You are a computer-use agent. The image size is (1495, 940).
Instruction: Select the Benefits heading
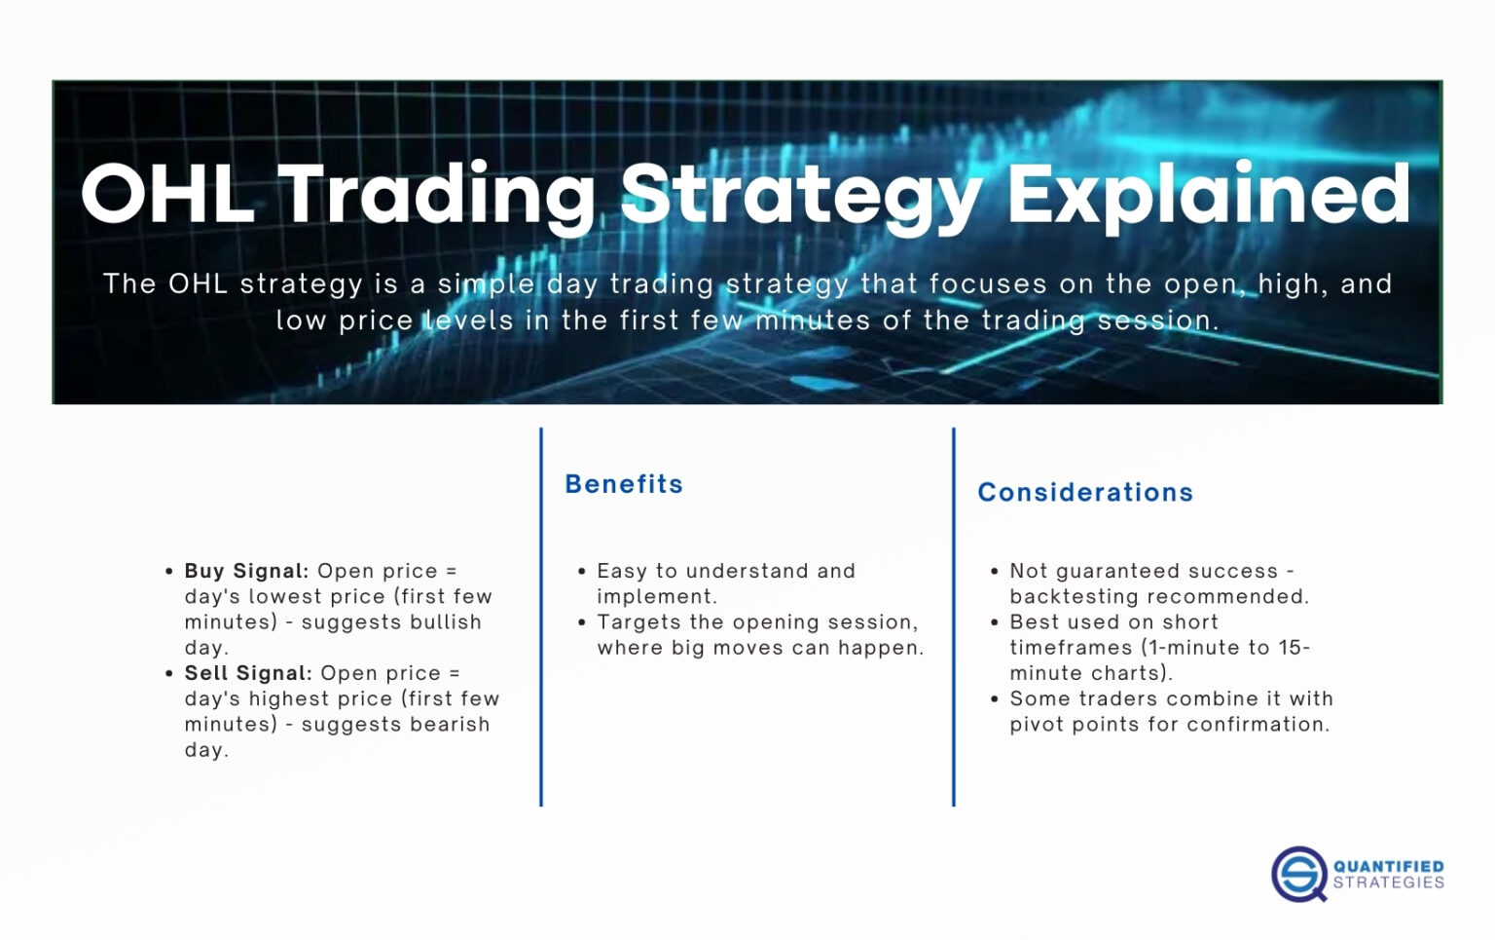[x=624, y=484]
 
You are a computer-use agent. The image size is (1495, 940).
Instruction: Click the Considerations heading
[x=1085, y=492]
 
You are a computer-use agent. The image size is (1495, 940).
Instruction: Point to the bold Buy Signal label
[x=246, y=571]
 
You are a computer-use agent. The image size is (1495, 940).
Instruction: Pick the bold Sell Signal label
[x=248, y=673]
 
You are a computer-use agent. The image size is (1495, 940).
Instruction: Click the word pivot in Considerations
[x=1038, y=725]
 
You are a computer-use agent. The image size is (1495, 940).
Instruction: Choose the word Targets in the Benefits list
[x=638, y=622]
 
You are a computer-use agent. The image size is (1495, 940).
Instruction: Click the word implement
[x=654, y=596]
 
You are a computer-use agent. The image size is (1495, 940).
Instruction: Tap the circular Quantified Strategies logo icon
[x=1298, y=874]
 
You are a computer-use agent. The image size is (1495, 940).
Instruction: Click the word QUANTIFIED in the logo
[x=1388, y=866]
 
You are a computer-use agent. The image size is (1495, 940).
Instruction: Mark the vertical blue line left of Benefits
[x=541, y=617]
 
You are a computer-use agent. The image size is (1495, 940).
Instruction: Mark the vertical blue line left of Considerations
[x=954, y=617]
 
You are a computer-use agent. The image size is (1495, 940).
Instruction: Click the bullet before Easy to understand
[x=582, y=572]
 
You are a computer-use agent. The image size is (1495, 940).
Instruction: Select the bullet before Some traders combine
[x=994, y=699]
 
